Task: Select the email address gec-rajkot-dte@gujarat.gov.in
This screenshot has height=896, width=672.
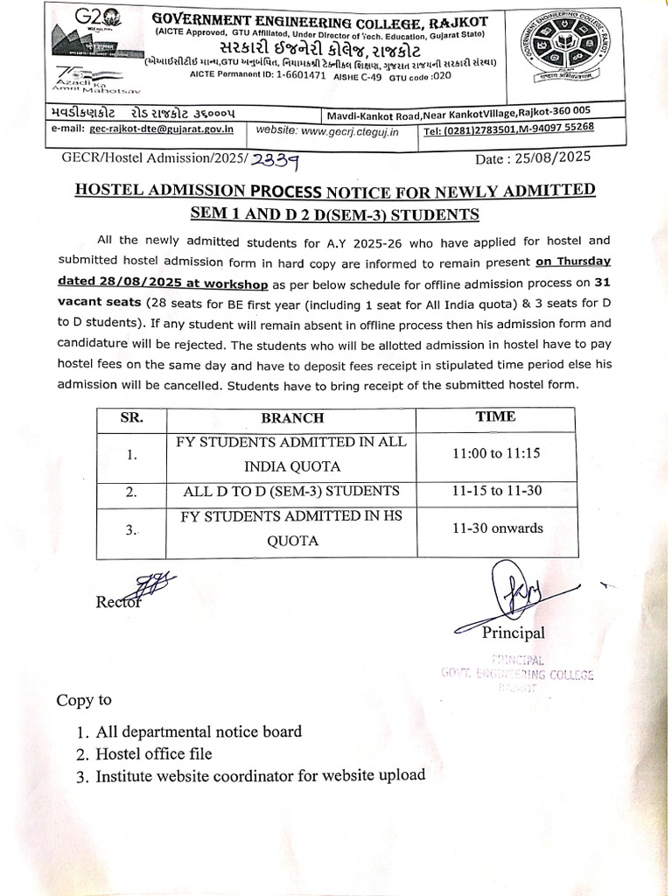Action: click(x=161, y=129)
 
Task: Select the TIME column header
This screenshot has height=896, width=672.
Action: click(x=495, y=416)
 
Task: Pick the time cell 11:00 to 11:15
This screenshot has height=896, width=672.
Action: click(x=495, y=452)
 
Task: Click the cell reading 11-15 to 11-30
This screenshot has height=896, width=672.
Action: click(x=495, y=491)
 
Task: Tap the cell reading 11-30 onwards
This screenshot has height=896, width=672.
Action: click(x=497, y=528)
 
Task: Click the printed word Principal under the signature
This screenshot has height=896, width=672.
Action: click(x=513, y=633)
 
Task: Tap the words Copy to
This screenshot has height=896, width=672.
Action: click(x=84, y=700)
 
